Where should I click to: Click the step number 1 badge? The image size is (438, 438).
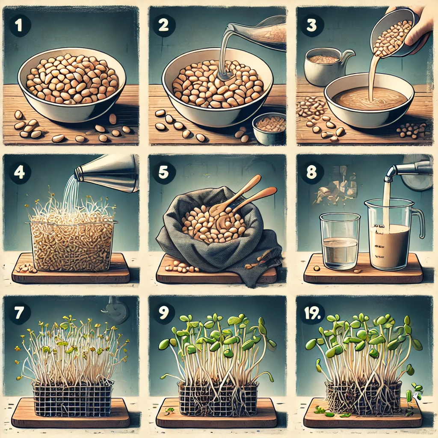click(x=20, y=26)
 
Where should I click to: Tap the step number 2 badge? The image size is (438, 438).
click(x=164, y=26)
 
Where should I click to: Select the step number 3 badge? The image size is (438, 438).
click(x=311, y=26)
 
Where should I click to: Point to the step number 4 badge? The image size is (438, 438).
click(x=20, y=172)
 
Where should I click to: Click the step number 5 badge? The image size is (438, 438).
click(x=164, y=172)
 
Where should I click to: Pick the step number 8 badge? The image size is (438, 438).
click(x=311, y=172)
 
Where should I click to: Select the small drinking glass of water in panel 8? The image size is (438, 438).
click(x=339, y=242)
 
